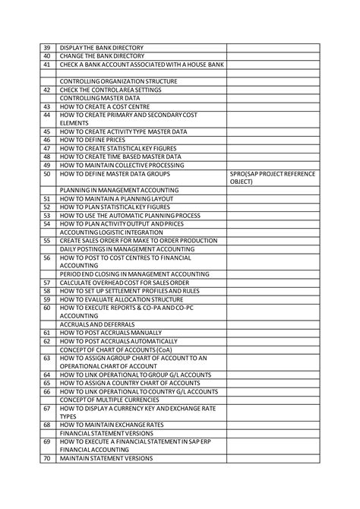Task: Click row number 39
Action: [x=47, y=48]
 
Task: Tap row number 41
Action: [x=47, y=65]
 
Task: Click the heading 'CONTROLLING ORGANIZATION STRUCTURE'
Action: [x=118, y=81]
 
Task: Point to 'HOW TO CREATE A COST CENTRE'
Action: [x=106, y=106]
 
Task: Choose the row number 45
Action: [x=47, y=131]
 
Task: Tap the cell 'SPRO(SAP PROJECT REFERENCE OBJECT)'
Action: [x=272, y=178]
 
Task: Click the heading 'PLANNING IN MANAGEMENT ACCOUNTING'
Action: [x=119, y=190]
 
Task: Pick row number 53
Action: [x=47, y=216]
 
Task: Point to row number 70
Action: [x=47, y=458]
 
